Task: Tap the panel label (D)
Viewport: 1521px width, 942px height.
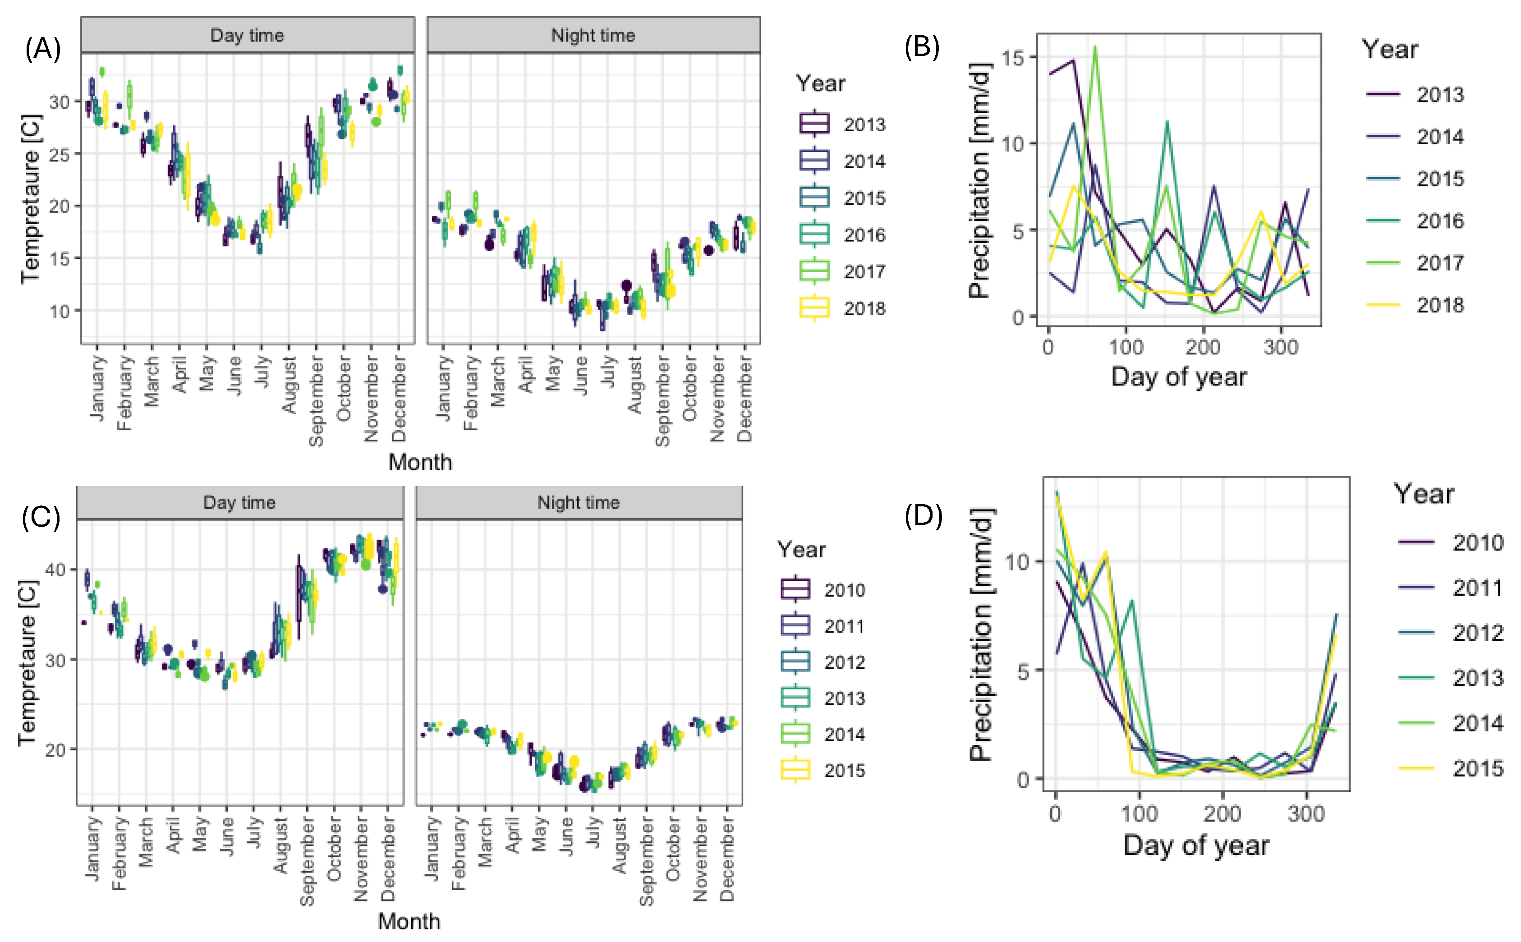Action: pos(923,516)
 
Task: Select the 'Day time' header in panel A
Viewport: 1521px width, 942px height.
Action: pos(247,36)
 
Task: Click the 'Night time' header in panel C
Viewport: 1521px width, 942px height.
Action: pos(579,503)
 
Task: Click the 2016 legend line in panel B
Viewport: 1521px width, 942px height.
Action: pos(1383,221)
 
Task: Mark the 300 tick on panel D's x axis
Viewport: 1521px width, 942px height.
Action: pos(1306,813)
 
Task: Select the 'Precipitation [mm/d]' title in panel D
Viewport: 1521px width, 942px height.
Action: pos(980,634)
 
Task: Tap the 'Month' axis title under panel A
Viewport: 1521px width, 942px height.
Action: pos(420,462)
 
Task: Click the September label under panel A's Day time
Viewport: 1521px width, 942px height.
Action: pos(317,400)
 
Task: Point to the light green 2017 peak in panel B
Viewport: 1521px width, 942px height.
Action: pos(1095,47)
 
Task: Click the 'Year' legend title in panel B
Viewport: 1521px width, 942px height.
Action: pos(1390,49)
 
